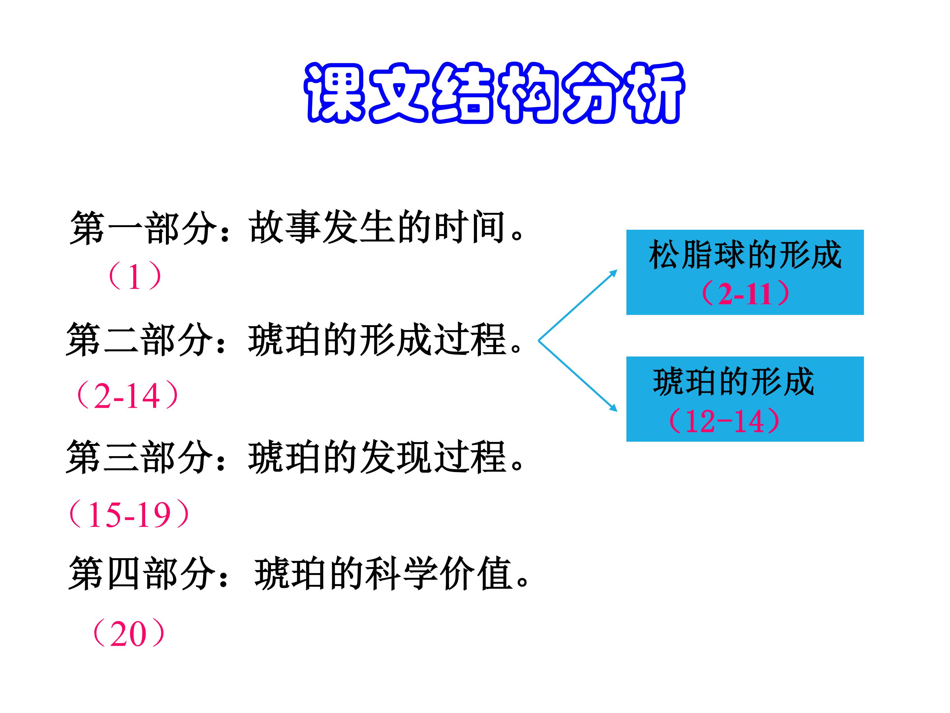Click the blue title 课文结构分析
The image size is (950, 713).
click(493, 93)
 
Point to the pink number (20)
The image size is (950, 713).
click(128, 633)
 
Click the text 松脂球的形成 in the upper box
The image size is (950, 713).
click(745, 255)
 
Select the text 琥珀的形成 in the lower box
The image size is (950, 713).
click(733, 381)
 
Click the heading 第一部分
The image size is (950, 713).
click(143, 228)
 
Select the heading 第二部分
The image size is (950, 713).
click(140, 340)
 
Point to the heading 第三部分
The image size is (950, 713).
click(140, 457)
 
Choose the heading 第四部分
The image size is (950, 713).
click(142, 574)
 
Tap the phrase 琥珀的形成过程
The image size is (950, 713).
click(377, 340)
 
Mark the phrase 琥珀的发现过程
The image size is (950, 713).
click(377, 457)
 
